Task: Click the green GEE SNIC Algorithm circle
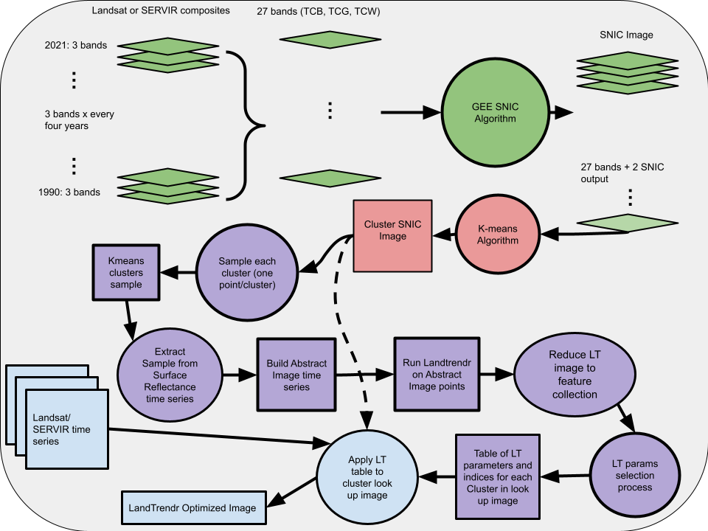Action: click(x=495, y=112)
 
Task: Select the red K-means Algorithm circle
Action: click(x=498, y=235)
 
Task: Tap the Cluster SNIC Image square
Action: click(x=392, y=236)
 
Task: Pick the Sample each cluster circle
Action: click(x=247, y=273)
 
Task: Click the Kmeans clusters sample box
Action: click(x=126, y=272)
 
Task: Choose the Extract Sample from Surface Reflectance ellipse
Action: click(x=170, y=375)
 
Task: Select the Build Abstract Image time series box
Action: click(x=296, y=375)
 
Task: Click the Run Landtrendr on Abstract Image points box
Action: click(x=437, y=375)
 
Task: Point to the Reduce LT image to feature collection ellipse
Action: click(x=575, y=375)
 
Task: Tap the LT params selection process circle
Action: click(x=634, y=476)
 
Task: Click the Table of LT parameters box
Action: click(x=498, y=477)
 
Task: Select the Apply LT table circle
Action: click(x=367, y=477)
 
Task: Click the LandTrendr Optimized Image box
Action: click(x=194, y=507)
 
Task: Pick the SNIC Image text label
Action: click(x=626, y=35)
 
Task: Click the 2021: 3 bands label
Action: click(x=76, y=45)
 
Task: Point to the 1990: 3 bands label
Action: click(x=69, y=192)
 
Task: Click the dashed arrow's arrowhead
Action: click(x=367, y=420)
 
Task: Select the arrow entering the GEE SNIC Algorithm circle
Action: click(x=411, y=112)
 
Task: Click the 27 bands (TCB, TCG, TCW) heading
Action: click(x=319, y=11)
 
